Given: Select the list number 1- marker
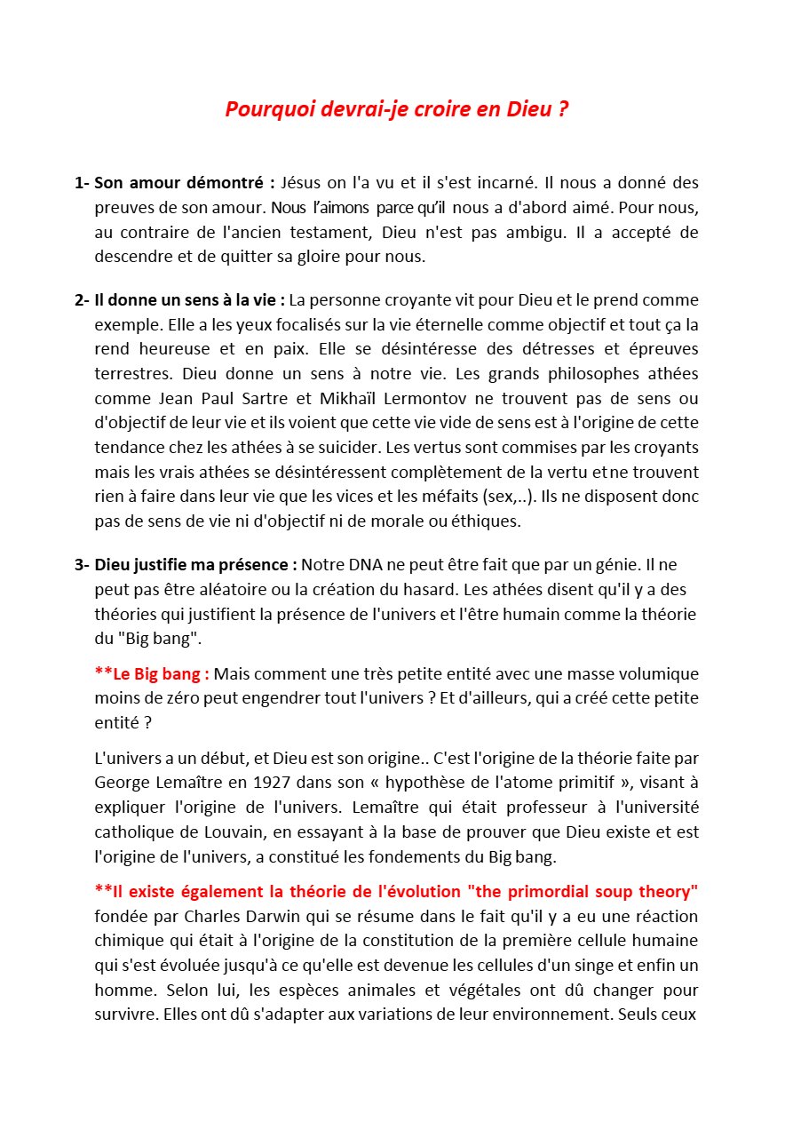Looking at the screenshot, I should coord(82,183).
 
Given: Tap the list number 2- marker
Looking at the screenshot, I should coord(82,299).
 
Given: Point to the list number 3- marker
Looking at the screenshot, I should coord(82,564).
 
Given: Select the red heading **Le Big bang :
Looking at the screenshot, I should coord(152,673).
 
